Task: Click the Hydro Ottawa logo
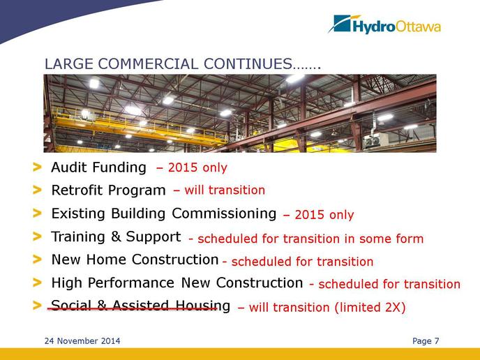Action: tap(384, 24)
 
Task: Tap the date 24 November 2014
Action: tap(82, 341)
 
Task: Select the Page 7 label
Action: tap(426, 341)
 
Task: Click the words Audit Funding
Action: tap(98, 167)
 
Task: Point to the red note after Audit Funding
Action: tap(192, 167)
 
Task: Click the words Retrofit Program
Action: tap(108, 190)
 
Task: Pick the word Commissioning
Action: tap(224, 213)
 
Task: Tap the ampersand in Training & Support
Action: tap(116, 237)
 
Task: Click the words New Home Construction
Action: tap(135, 260)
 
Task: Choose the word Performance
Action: tap(131, 283)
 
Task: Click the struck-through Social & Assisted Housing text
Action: tap(141, 306)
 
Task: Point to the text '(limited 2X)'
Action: tap(370, 308)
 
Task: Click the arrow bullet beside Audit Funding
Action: tap(37, 167)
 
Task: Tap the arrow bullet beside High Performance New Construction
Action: tap(37, 283)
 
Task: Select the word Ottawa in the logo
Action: tap(418, 27)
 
